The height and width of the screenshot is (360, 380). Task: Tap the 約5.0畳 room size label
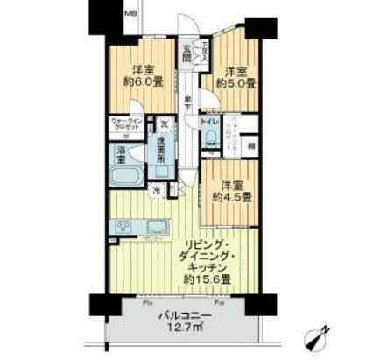pos(237,84)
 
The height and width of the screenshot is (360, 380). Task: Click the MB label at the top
pos(131,13)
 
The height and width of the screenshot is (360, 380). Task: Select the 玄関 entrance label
pos(186,53)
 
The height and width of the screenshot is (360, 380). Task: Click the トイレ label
pos(210,121)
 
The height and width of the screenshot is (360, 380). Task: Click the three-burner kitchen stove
pos(121,227)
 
